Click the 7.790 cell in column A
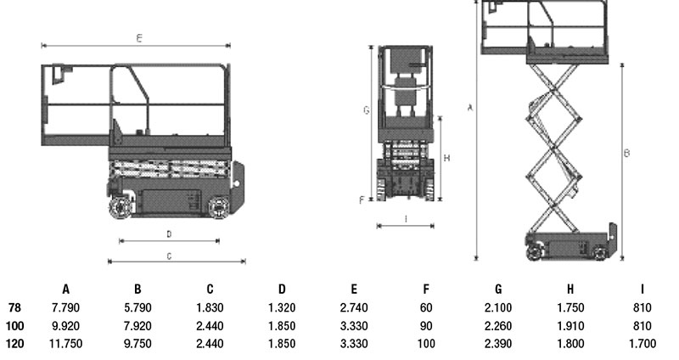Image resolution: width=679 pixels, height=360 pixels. click(x=65, y=307)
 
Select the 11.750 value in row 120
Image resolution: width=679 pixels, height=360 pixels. click(x=65, y=344)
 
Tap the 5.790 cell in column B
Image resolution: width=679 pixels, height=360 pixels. click(x=137, y=307)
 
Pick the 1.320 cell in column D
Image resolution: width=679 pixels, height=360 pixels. click(x=282, y=307)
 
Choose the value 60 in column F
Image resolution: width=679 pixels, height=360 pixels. click(x=426, y=307)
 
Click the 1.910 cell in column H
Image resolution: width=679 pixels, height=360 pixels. click(x=570, y=326)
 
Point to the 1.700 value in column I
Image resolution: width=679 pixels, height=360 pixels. click(x=643, y=344)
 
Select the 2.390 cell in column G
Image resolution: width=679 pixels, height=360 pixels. click(x=498, y=344)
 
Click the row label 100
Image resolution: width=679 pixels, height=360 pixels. click(x=14, y=326)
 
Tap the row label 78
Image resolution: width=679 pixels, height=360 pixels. click(x=14, y=307)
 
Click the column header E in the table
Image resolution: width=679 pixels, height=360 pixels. click(x=354, y=289)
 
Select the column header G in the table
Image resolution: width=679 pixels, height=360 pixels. click(x=498, y=289)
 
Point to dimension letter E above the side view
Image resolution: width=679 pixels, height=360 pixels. click(x=139, y=38)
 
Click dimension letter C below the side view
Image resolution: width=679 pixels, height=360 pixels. click(x=169, y=256)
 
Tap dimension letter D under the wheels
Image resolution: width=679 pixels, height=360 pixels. click(x=169, y=234)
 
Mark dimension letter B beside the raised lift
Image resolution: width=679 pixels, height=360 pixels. click(x=626, y=153)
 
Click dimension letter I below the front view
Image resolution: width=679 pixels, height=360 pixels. click(x=406, y=219)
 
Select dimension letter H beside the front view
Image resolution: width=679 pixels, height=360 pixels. click(x=447, y=158)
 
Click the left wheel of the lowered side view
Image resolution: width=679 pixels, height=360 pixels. click(x=121, y=206)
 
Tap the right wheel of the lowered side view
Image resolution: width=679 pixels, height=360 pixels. click(x=219, y=207)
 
